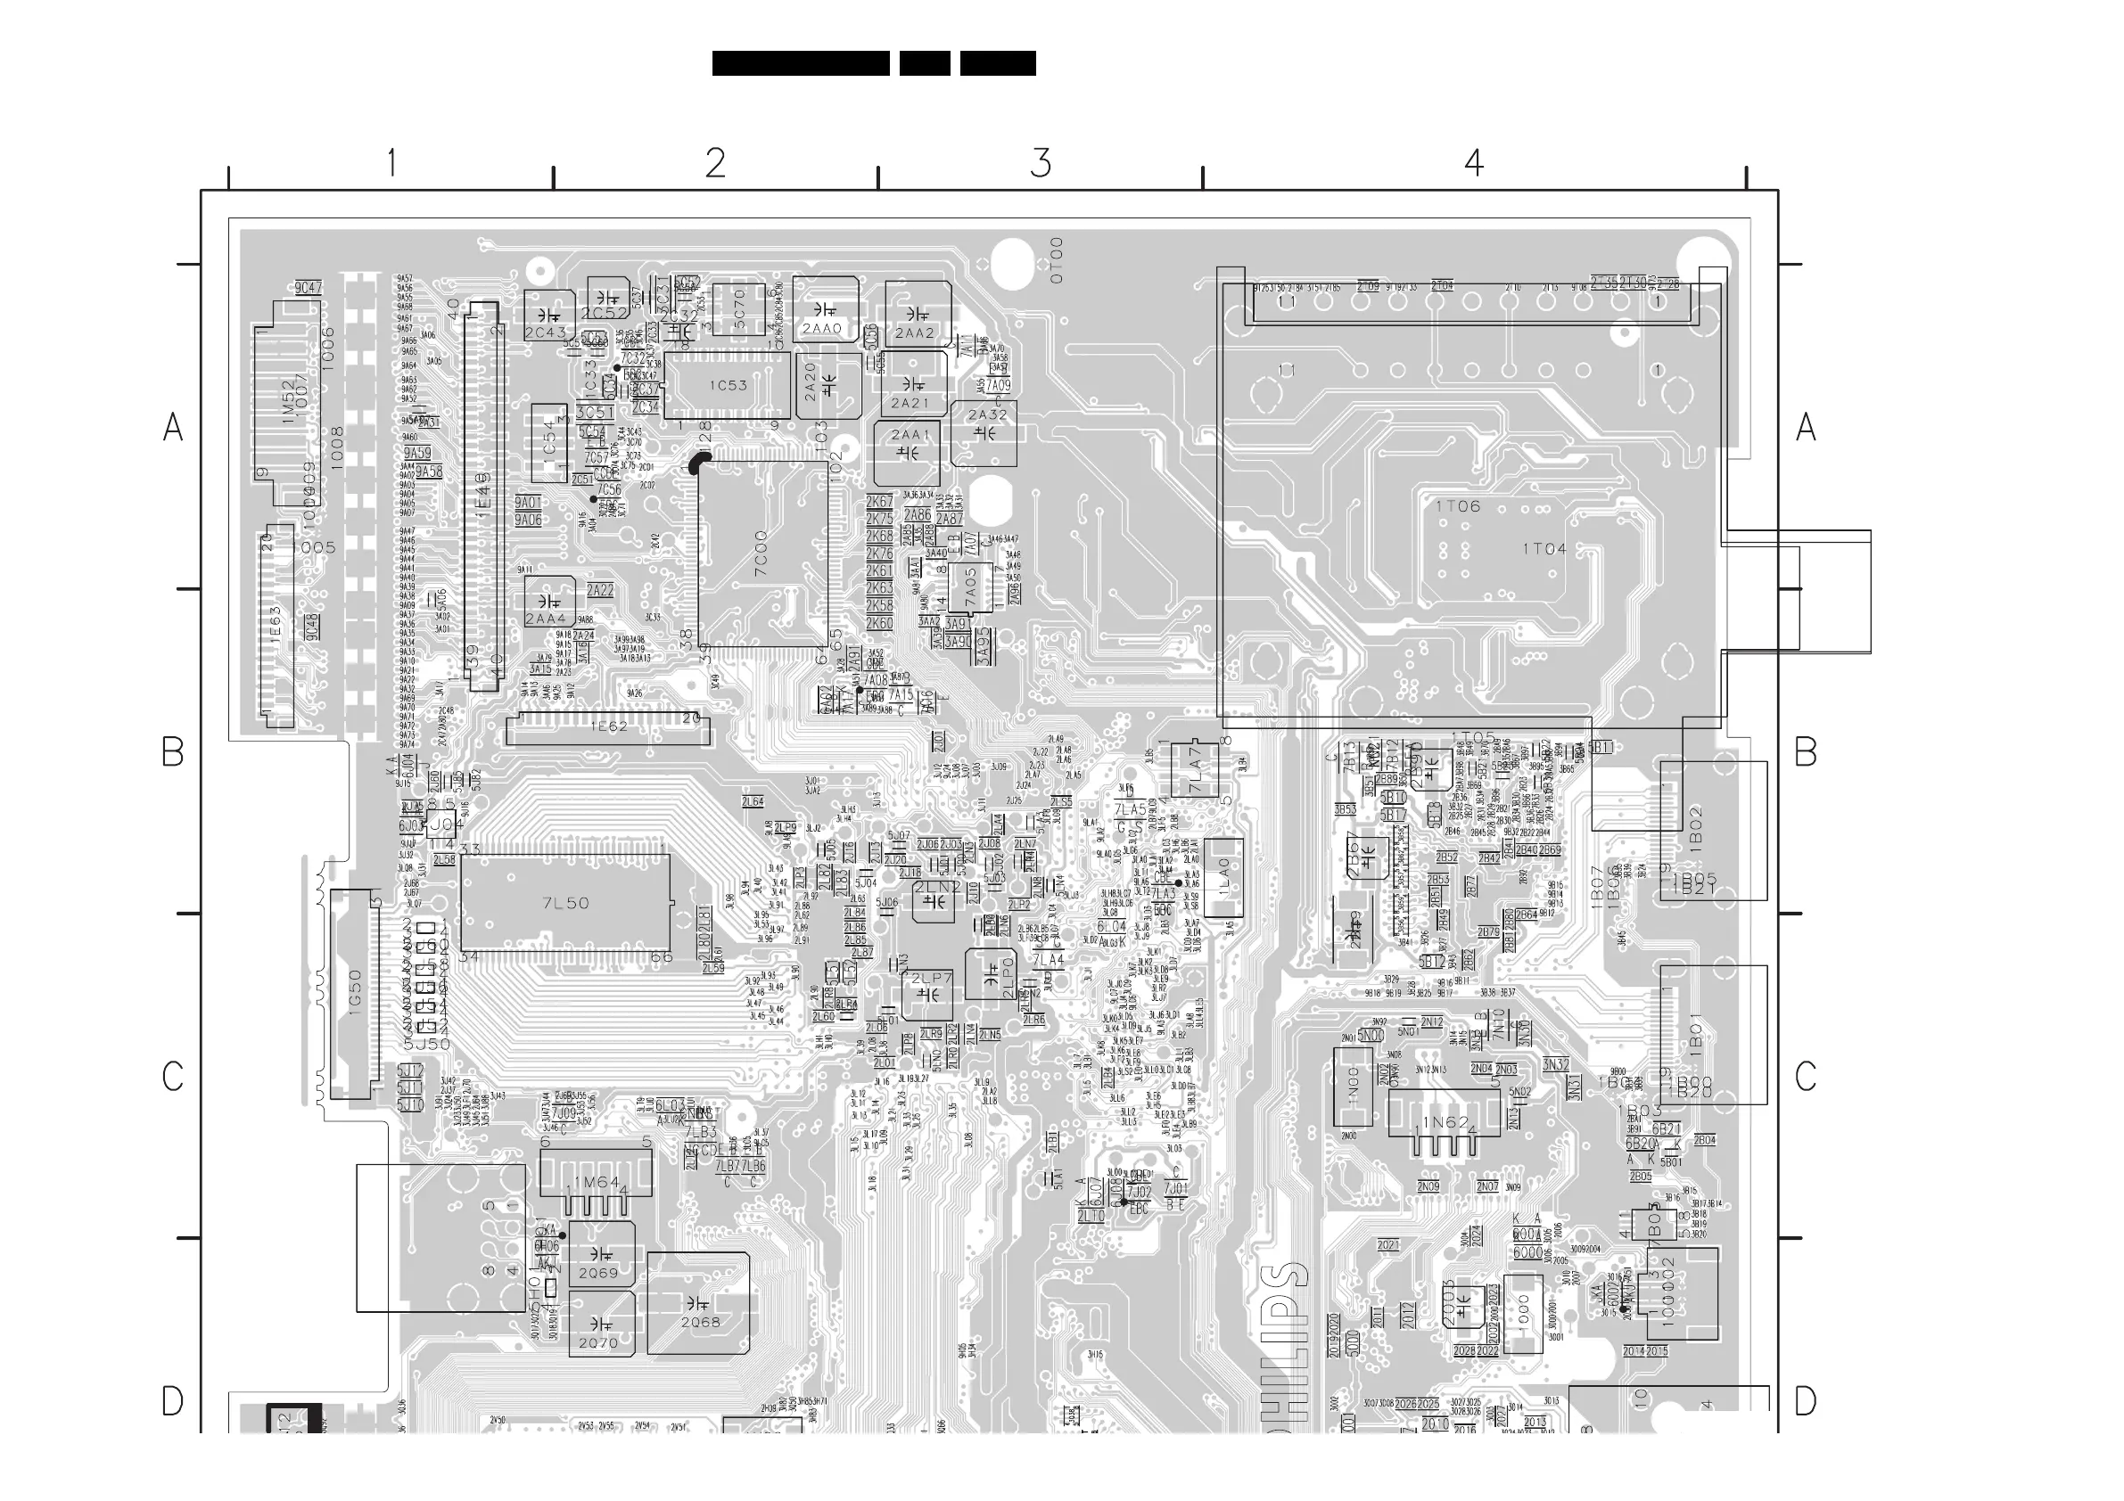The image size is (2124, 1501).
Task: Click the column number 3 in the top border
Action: pyautogui.click(x=1041, y=164)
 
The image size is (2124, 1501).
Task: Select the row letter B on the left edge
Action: pyautogui.click(x=173, y=752)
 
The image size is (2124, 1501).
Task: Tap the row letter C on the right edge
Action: pyautogui.click(x=1805, y=1077)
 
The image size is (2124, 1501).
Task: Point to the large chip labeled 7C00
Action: pyautogui.click(x=762, y=553)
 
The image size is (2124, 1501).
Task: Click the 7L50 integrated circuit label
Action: pyautogui.click(x=565, y=903)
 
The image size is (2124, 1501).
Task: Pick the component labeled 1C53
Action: pyautogui.click(x=728, y=386)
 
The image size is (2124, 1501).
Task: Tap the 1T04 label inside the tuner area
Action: pyautogui.click(x=1545, y=548)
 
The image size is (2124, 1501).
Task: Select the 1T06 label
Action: pyautogui.click(x=1458, y=506)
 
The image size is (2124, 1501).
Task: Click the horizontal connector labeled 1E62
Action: pyautogui.click(x=609, y=728)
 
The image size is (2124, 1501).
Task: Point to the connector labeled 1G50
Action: pyautogui.click(x=354, y=993)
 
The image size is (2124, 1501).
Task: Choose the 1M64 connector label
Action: pyautogui.click(x=597, y=1183)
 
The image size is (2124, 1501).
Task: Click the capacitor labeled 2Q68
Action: pyautogui.click(x=699, y=1323)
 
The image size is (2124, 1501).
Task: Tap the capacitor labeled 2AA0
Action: pyautogui.click(x=822, y=328)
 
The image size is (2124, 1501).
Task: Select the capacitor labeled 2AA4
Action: pyautogui.click(x=545, y=619)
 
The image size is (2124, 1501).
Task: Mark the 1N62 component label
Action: pyautogui.click(x=1445, y=1123)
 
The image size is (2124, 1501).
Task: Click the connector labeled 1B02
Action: pyautogui.click(x=1695, y=829)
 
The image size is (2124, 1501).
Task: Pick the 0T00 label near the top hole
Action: pyautogui.click(x=1058, y=260)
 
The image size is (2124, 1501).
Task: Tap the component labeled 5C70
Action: pyautogui.click(x=739, y=308)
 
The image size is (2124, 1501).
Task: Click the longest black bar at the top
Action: pyautogui.click(x=800, y=64)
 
